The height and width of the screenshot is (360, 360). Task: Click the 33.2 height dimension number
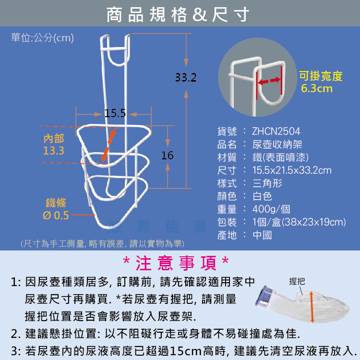[186, 78]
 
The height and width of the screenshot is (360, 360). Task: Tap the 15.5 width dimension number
[115, 113]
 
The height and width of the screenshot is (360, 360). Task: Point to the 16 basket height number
[167, 156]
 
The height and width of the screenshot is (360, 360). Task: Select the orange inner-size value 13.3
[53, 151]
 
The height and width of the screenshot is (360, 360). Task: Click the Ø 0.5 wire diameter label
[56, 216]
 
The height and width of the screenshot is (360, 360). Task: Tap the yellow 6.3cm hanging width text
[317, 88]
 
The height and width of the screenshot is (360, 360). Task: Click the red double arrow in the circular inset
[269, 81]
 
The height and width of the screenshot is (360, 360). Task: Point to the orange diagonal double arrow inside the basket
[108, 145]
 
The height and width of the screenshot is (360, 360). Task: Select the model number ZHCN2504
[276, 132]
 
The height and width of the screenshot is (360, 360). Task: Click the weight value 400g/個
[271, 209]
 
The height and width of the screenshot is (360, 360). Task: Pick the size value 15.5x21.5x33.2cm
[292, 170]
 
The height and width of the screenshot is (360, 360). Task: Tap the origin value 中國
[262, 235]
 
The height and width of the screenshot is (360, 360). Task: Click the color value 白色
[262, 196]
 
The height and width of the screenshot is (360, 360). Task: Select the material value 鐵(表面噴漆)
[280, 157]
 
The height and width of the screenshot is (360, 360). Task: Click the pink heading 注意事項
[176, 263]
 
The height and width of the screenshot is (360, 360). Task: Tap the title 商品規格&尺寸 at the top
[178, 14]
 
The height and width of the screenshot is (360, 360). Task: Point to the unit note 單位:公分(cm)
[42, 37]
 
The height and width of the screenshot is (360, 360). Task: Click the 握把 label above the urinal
[297, 281]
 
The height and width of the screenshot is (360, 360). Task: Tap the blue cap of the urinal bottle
[264, 297]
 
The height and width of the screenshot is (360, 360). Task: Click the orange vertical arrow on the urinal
[312, 307]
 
